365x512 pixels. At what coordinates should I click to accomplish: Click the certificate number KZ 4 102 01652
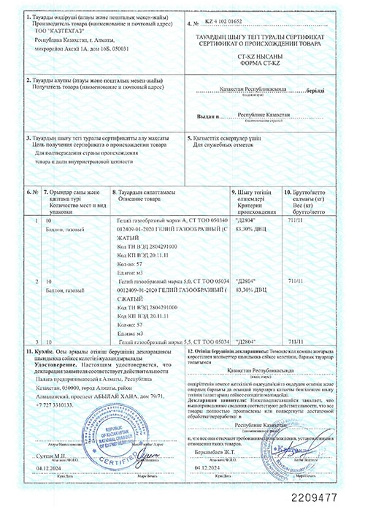coord(229,24)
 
